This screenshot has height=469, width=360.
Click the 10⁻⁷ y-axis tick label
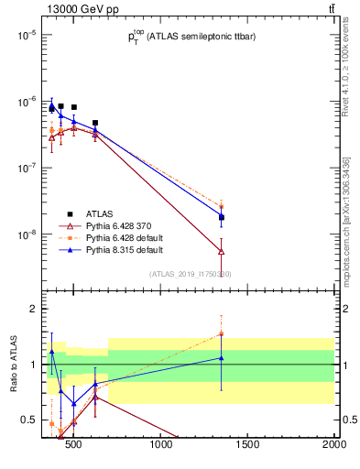24,169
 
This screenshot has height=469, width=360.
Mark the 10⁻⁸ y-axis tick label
24,235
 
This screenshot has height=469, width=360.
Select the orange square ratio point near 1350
222,333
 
